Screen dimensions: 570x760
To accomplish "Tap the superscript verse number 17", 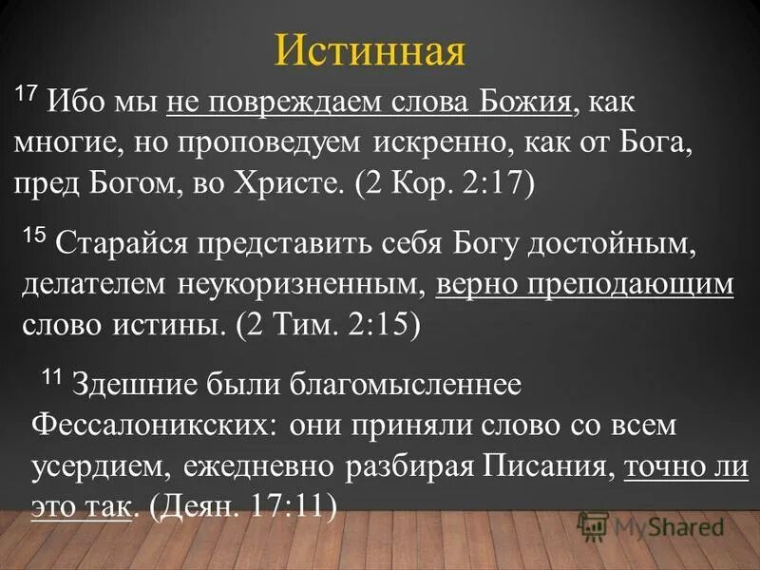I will [27, 92].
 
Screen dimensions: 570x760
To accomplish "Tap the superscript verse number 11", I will [51, 377].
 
